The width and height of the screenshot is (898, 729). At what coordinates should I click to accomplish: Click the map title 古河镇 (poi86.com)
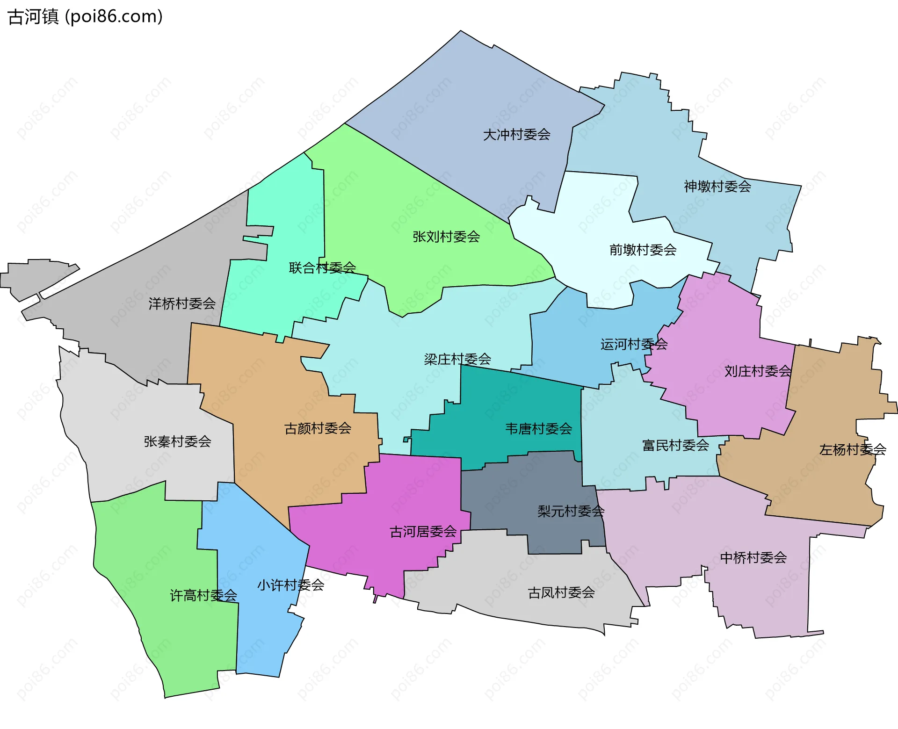(x=86, y=17)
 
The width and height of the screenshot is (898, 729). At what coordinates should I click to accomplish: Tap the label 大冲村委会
(x=516, y=135)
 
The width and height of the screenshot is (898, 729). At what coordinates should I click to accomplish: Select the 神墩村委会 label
(x=717, y=187)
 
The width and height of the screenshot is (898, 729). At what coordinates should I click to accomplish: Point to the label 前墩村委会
(x=643, y=250)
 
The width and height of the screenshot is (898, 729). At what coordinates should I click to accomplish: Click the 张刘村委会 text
(x=446, y=237)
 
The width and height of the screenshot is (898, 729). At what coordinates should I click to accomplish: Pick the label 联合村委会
(x=322, y=268)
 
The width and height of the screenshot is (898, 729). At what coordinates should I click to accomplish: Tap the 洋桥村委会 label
(x=182, y=304)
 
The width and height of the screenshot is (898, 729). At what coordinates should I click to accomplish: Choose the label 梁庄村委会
(x=457, y=360)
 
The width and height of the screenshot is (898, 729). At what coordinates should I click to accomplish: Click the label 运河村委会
(x=634, y=345)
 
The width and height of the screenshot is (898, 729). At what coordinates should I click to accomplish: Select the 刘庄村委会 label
(x=758, y=371)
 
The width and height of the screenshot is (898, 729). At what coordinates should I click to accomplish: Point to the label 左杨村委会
(x=853, y=450)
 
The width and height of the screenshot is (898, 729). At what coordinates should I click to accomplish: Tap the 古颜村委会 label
(x=318, y=428)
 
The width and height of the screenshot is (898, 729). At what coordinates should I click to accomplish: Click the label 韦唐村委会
(x=538, y=429)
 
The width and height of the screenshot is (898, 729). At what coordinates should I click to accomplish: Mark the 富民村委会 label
(x=675, y=446)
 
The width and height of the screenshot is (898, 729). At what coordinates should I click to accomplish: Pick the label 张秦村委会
(x=177, y=441)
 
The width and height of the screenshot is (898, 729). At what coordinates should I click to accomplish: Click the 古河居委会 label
(x=423, y=532)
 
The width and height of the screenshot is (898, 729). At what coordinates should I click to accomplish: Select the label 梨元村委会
(x=571, y=512)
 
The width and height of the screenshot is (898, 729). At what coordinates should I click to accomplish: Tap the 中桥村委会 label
(x=753, y=558)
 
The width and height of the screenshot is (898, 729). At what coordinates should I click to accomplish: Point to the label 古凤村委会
(x=561, y=593)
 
